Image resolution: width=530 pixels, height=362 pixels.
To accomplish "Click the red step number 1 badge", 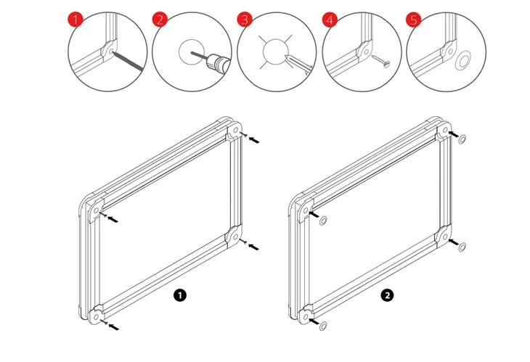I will point(76,19).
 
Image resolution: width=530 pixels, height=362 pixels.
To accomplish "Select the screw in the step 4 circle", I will point(380,61).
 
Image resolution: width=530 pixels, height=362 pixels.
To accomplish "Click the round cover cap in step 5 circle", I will point(462,59).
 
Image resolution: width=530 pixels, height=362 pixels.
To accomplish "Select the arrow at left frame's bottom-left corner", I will point(113,326).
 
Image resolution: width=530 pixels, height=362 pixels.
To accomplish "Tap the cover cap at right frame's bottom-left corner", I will point(323,326).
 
